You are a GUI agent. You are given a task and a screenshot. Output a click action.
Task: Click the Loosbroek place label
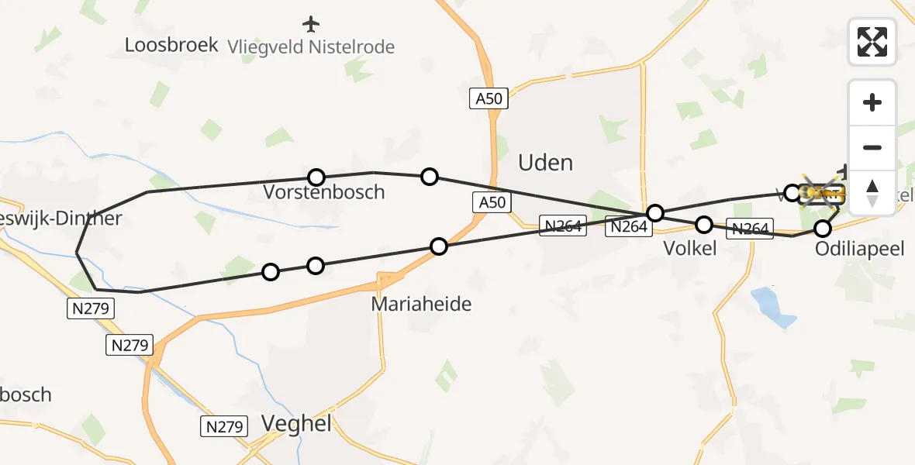[171, 45]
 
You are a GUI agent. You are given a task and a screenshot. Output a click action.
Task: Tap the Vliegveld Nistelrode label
[311, 47]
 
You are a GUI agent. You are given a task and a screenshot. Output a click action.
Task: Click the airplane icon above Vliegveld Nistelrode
[311, 24]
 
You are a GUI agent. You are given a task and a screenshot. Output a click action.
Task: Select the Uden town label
[545, 163]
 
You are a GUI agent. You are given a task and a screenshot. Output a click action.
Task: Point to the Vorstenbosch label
[323, 192]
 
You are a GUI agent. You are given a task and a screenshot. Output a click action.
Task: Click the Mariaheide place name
[421, 304]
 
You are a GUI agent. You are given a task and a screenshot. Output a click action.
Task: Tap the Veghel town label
[296, 423]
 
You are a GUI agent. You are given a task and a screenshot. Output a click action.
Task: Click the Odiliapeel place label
[859, 249]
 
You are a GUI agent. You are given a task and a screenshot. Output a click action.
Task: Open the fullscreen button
[872, 42]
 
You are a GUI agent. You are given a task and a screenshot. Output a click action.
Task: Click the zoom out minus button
[872, 147]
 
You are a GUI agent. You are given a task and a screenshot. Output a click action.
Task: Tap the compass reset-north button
[872, 192]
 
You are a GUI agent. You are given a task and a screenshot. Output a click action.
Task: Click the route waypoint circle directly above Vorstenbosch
[316, 177]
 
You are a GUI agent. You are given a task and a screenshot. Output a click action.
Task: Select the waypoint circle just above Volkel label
[703, 225]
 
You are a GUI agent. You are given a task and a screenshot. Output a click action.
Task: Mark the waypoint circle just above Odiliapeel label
[823, 228]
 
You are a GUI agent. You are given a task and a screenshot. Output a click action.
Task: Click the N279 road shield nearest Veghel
[225, 425]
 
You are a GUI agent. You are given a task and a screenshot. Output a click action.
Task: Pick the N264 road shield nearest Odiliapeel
[750, 229]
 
